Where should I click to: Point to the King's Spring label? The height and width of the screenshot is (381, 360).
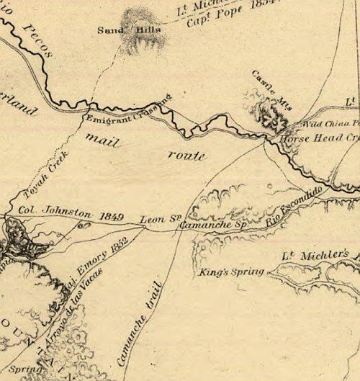pos(229,273)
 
